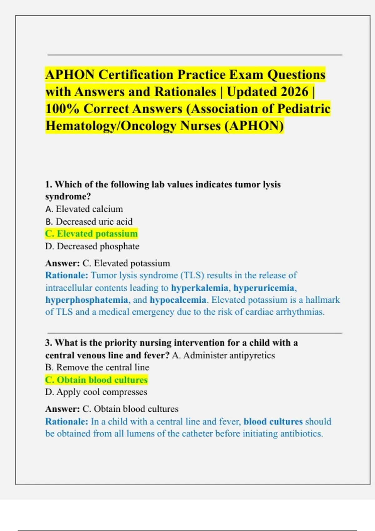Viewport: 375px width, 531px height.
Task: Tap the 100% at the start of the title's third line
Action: [62, 109]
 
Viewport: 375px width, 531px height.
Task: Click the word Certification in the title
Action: [136, 75]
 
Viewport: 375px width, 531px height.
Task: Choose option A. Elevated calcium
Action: [84, 209]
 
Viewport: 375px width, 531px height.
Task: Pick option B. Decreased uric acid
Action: [89, 221]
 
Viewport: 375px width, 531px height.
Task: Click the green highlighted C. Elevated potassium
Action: [91, 234]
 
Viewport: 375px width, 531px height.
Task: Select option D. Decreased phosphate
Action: [92, 246]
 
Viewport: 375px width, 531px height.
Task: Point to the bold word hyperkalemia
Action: [199, 288]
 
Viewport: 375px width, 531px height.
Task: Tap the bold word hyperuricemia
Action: [264, 288]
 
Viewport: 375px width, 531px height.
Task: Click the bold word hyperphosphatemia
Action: [87, 300]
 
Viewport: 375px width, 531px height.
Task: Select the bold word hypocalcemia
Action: [178, 300]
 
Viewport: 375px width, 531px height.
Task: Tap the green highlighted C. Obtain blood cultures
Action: [96, 380]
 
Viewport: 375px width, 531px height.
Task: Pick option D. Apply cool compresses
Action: [96, 392]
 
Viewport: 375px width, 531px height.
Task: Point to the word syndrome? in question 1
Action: [68, 197]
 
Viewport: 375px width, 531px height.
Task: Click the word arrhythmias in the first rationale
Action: [300, 312]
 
